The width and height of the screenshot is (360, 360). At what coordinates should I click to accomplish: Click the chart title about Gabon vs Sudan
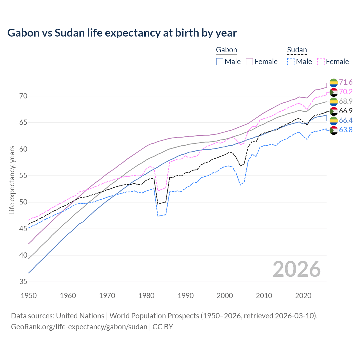(122, 33)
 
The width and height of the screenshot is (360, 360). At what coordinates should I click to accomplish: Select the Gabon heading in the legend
(226, 50)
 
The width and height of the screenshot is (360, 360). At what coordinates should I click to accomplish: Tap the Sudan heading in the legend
(297, 50)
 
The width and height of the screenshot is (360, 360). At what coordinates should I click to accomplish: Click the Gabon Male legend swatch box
(220, 62)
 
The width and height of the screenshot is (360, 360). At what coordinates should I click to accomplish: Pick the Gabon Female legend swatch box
(249, 62)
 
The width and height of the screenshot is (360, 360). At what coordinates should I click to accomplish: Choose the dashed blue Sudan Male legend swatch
(291, 62)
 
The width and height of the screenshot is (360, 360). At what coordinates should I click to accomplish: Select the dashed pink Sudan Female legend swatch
(321, 62)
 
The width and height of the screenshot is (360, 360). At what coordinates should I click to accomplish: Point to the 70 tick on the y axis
(23, 96)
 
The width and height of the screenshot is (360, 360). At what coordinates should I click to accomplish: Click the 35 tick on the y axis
(23, 282)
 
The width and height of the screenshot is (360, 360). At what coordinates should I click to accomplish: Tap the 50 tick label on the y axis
(23, 202)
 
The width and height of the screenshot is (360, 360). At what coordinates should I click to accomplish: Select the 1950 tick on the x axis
(29, 296)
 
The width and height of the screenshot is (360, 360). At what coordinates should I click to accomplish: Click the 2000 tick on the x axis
(225, 296)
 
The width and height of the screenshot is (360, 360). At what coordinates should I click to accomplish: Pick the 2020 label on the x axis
(303, 296)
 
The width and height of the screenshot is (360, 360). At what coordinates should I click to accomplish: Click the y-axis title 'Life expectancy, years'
(12, 180)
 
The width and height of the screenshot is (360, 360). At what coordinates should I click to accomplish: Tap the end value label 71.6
(346, 82)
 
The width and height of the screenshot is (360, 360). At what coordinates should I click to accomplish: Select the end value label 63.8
(346, 130)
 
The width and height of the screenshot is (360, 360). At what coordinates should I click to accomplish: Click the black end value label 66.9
(346, 111)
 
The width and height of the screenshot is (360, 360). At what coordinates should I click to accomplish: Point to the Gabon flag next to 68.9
(334, 102)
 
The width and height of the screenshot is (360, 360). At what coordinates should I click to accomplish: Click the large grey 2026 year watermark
(297, 269)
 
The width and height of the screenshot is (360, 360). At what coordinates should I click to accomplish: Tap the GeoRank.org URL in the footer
(79, 327)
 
